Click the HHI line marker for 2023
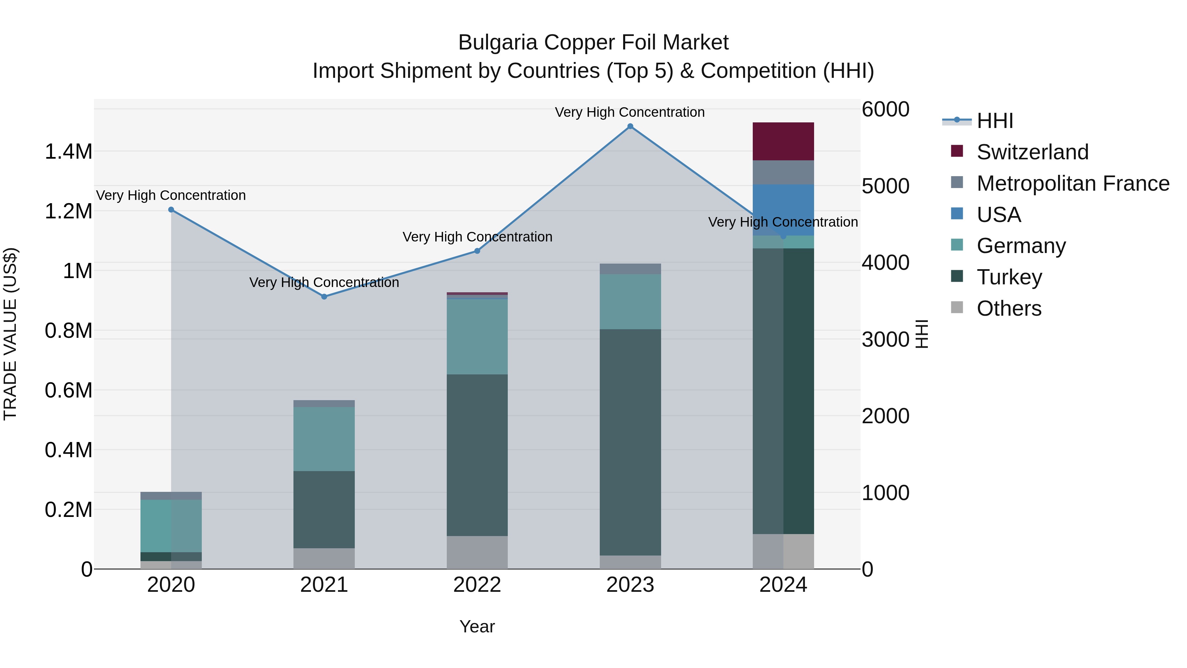pyautogui.click(x=630, y=126)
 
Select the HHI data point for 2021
pyautogui.click(x=324, y=297)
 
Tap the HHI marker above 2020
pyautogui.click(x=171, y=210)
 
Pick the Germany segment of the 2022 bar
pyautogui.click(x=477, y=336)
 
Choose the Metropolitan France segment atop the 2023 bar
pyautogui.click(x=630, y=269)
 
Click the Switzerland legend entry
pyautogui.click(x=1032, y=152)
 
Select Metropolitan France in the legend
pyautogui.click(x=1073, y=183)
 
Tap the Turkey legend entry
pyautogui.click(x=1009, y=277)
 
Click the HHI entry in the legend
pyautogui.click(x=994, y=121)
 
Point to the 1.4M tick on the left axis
pyautogui.click(x=68, y=152)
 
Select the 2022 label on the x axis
pyautogui.click(x=477, y=585)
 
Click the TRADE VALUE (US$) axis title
pyautogui.click(x=10, y=334)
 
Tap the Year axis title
pyautogui.click(x=477, y=626)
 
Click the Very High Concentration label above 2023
pyautogui.click(x=629, y=112)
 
